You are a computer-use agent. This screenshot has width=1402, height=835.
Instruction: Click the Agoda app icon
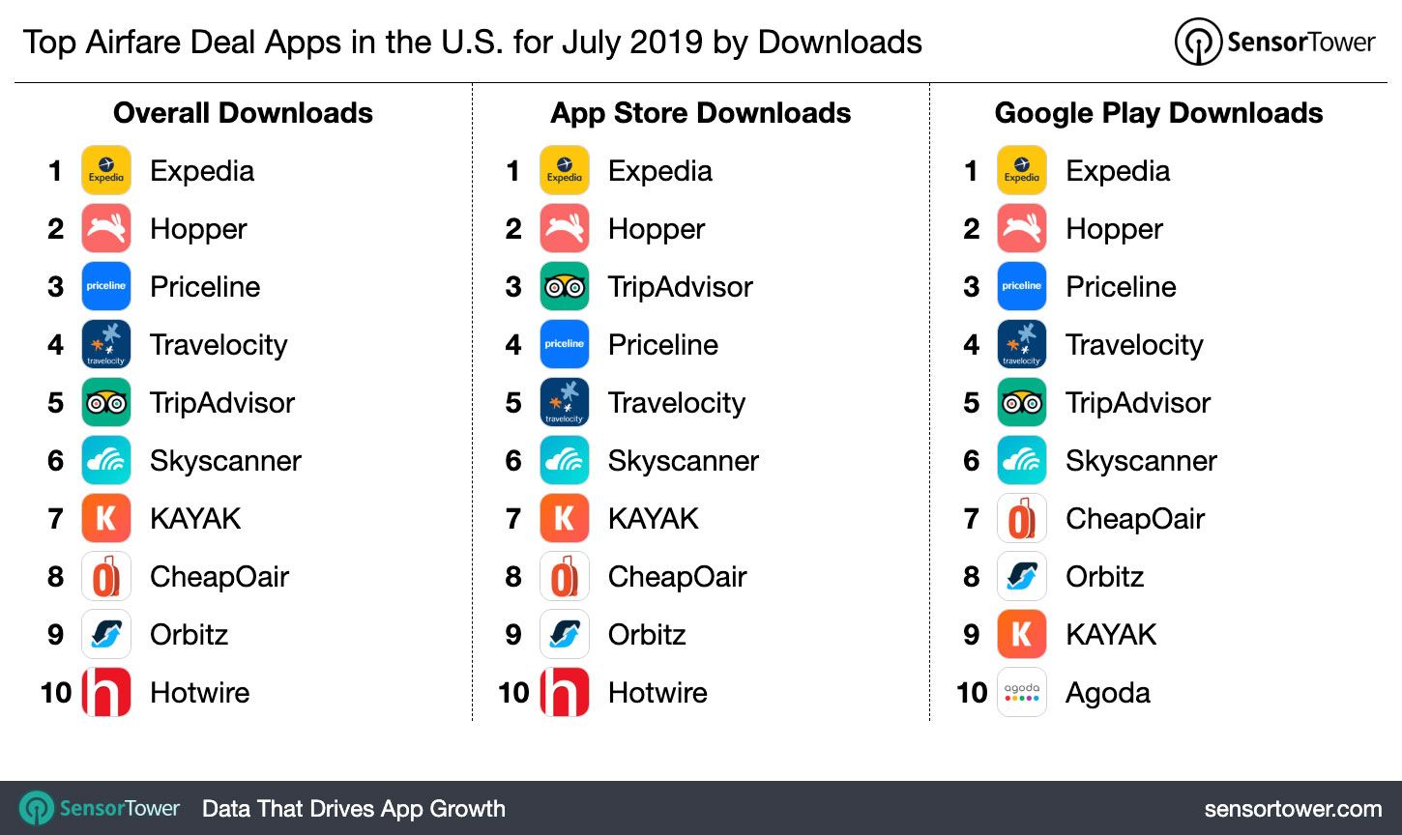(x=1021, y=692)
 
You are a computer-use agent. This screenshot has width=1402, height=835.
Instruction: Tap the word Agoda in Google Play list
(x=1108, y=693)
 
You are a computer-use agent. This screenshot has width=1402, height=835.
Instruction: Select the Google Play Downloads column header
(x=1158, y=113)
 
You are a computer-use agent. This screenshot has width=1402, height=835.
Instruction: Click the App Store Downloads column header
(x=700, y=113)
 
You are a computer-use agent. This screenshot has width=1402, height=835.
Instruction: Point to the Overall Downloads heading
(x=243, y=113)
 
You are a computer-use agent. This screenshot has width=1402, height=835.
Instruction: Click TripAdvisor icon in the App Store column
(x=564, y=286)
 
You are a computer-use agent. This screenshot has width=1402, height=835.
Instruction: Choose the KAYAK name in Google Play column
(x=1111, y=635)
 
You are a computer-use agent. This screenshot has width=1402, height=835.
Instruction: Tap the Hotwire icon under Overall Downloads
(x=106, y=692)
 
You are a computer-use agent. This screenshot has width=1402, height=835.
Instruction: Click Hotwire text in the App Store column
(x=657, y=693)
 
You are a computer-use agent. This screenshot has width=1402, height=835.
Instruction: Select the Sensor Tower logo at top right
(x=1274, y=43)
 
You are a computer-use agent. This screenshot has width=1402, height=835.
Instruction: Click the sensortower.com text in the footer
(x=1293, y=809)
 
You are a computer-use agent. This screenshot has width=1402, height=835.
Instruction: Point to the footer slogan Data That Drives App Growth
(x=354, y=809)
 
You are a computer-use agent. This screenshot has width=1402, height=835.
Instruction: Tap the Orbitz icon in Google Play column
(x=1021, y=576)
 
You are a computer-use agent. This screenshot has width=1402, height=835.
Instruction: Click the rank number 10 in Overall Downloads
(x=56, y=693)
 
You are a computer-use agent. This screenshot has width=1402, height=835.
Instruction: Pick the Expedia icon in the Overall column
(x=106, y=170)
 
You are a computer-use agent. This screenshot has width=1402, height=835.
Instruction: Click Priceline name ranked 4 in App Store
(x=663, y=345)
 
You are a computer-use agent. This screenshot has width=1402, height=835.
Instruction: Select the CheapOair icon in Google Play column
(x=1021, y=518)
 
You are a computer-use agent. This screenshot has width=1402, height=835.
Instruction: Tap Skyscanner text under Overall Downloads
(x=225, y=461)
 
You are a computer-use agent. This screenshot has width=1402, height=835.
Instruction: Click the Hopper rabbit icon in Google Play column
(x=1021, y=228)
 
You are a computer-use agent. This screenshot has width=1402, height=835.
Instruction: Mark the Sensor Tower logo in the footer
(x=101, y=809)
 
